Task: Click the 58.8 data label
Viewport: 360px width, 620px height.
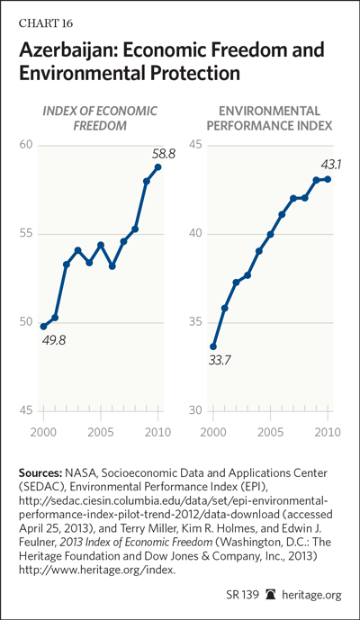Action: pos(164,153)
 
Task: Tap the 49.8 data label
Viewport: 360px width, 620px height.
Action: pos(53,339)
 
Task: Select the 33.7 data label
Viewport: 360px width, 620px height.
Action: pos(220,360)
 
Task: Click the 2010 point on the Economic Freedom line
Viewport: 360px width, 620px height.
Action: pos(157,166)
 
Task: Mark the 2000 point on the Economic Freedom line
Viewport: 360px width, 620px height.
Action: pos(43,327)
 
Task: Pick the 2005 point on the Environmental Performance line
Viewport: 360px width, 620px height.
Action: pos(271,235)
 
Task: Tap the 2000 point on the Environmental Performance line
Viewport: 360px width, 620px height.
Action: pos(213,346)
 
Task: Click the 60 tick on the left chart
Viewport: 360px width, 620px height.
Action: pos(26,145)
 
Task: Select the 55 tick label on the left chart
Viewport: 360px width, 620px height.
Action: pos(26,234)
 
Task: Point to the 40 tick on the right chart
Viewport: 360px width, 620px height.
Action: pos(196,234)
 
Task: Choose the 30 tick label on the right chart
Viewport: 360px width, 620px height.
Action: pos(196,411)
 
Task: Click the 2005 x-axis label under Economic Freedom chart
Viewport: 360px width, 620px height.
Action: pos(101,432)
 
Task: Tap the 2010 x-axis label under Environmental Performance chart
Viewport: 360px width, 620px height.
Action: pos(328,432)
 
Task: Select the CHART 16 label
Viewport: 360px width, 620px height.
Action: pos(46,23)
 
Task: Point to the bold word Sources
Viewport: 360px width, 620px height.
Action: pos(40,472)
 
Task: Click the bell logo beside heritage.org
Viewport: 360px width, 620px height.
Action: pos(272,594)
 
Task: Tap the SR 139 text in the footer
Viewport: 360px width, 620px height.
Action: pos(243,595)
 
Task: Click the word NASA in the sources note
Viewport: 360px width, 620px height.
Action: pos(79,472)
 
